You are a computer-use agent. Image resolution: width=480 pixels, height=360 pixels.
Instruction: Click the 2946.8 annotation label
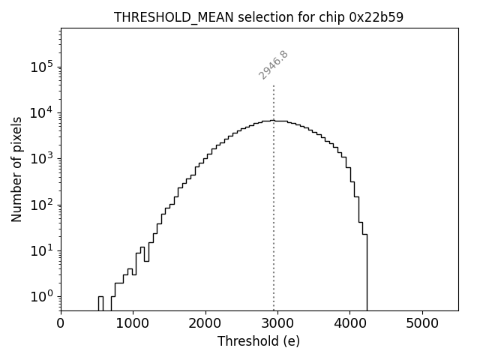(274, 64)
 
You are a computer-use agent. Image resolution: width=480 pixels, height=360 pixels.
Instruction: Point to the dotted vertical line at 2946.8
(274, 195)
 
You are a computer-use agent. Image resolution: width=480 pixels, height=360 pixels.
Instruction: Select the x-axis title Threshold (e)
(259, 341)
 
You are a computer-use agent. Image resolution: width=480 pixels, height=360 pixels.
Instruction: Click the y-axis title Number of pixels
(16, 169)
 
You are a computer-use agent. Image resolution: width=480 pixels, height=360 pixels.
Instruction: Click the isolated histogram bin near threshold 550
(100, 303)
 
